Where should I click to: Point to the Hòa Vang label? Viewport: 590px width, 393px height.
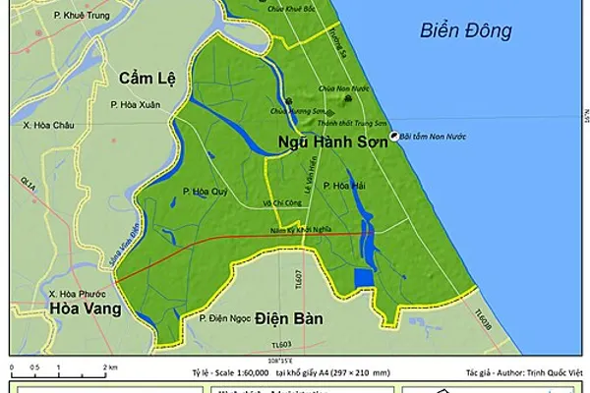85,309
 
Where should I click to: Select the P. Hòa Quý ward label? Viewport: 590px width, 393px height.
205,192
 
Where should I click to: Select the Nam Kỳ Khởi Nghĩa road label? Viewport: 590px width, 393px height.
302,230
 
